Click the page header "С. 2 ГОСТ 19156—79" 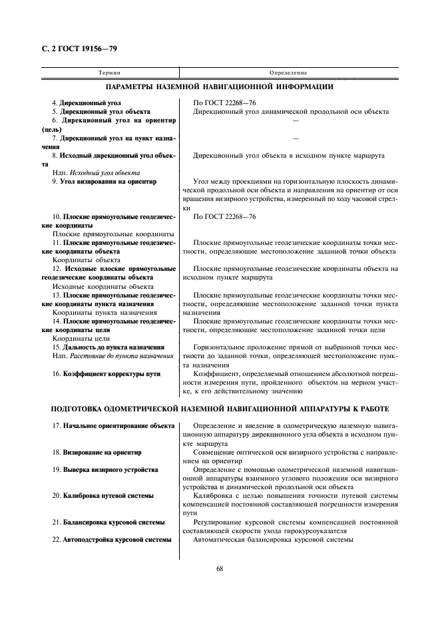coord(79,48)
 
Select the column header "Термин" coord(109,72)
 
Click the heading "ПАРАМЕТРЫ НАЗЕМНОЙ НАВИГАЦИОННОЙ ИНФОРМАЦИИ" coord(220,87)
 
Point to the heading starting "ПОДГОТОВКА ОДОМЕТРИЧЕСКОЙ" coord(220,407)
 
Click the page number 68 coord(220,568)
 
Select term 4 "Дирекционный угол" coord(86,103)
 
